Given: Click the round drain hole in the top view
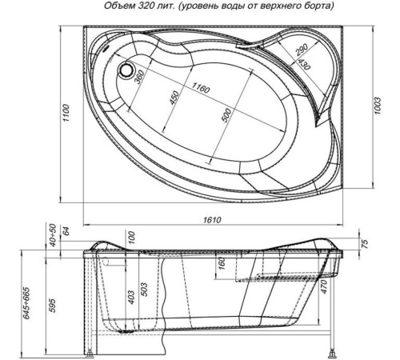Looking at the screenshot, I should tap(126, 70).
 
